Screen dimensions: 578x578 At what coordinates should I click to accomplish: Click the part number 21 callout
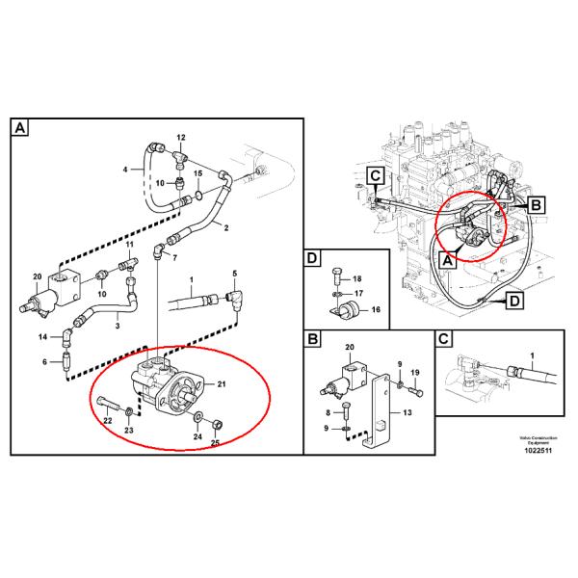coord(221,385)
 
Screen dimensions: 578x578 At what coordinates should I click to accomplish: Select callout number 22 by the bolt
coord(107,422)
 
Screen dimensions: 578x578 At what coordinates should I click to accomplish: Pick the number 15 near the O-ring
coord(197,173)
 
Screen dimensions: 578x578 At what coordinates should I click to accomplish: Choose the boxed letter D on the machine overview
coord(515,304)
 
